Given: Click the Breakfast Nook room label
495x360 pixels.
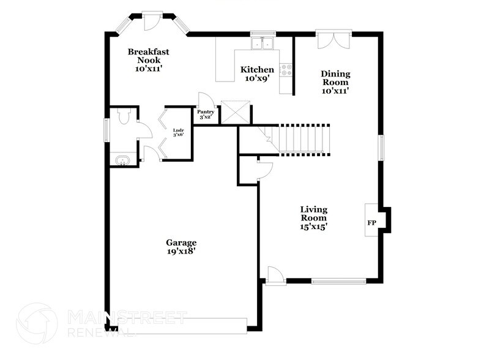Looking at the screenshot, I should (148, 61).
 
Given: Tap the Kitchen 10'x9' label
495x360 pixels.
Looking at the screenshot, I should (256, 74).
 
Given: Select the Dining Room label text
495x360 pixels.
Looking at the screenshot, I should (335, 82).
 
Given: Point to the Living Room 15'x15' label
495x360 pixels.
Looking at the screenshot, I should (313, 218).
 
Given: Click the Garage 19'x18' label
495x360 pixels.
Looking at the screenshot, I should (181, 247).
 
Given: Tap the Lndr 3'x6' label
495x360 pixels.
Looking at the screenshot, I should (179, 132).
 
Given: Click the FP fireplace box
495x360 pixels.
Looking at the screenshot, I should (372, 223).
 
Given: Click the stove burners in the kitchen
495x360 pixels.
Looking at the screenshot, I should (286, 70).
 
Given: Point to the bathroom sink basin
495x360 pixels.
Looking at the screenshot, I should (122, 161).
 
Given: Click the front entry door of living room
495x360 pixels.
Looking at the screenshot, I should (276, 276).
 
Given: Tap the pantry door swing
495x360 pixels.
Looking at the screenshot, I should (205, 100).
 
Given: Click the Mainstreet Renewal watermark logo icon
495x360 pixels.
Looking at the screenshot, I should (36, 324).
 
